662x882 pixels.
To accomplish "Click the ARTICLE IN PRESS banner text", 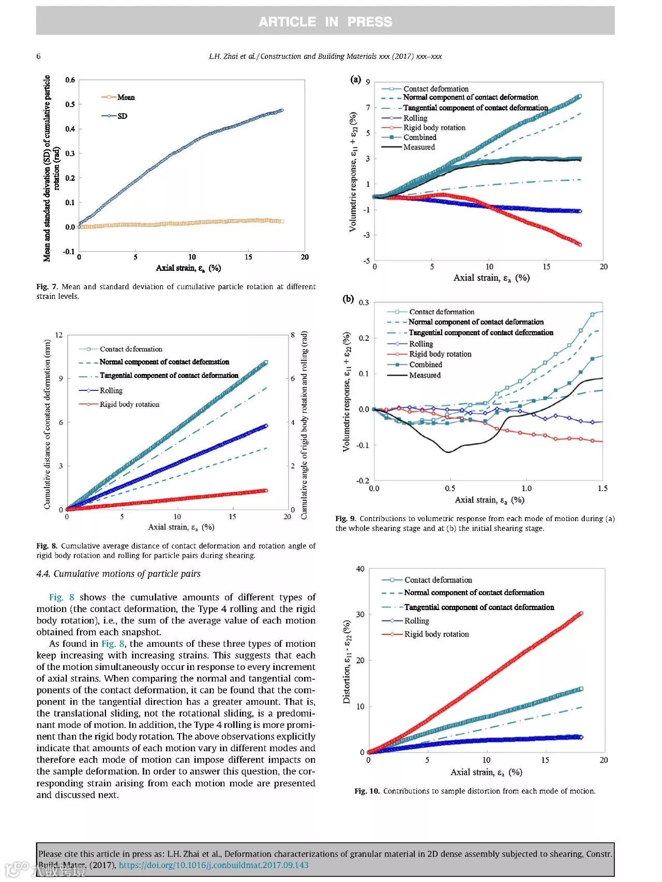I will [x=325, y=22].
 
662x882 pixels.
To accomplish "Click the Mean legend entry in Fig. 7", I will [x=126, y=97].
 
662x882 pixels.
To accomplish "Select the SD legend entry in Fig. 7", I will [x=122, y=116].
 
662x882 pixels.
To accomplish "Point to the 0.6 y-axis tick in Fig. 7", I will [x=70, y=80].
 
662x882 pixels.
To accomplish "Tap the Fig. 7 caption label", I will [x=47, y=286].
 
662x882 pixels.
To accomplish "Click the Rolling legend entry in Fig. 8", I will [x=111, y=390].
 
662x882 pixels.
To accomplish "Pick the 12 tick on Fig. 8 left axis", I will [x=59, y=335].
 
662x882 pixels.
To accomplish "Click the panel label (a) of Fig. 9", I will [x=355, y=79].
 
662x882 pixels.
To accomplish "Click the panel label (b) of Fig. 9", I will [x=349, y=299].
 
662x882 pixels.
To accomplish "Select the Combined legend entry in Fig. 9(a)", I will [x=419, y=137].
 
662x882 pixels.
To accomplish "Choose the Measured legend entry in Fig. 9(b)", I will [x=425, y=375].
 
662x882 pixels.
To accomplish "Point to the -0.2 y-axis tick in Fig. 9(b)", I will [x=363, y=480].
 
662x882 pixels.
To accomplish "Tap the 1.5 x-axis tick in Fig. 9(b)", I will [x=603, y=488].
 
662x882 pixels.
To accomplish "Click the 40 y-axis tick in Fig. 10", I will [x=360, y=569].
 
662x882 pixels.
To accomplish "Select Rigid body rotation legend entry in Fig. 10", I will [x=436, y=634].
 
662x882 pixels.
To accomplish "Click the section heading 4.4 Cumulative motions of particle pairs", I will [x=118, y=573].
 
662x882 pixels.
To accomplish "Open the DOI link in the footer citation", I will [x=214, y=865].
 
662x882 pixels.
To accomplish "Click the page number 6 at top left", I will [x=38, y=56].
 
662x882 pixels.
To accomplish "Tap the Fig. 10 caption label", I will [x=367, y=790].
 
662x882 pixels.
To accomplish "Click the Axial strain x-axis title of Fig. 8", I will [x=181, y=527].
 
